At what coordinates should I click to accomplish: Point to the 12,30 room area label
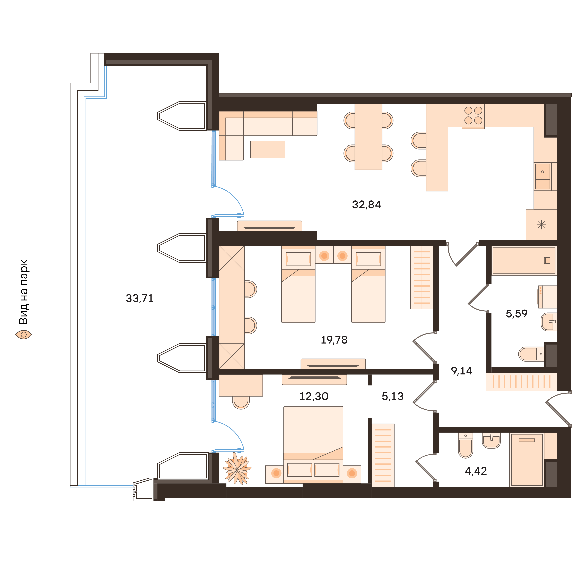(314, 396)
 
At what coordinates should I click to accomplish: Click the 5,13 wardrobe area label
(392, 396)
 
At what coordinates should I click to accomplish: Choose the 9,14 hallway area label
(462, 371)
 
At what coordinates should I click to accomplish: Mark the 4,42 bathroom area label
(476, 471)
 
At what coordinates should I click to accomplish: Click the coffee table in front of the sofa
(268, 149)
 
